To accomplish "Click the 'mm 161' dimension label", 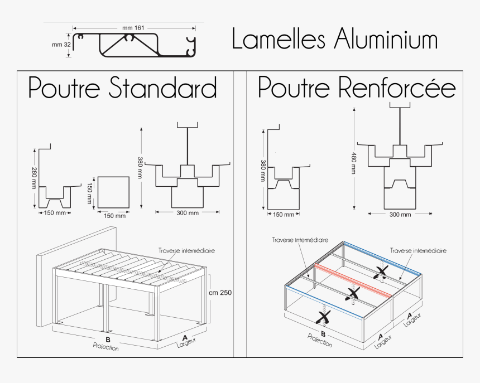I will pos(133,27).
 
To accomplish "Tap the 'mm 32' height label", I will pos(61,45).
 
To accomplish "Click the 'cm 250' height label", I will pos(220,292).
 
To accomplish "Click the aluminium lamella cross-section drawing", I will pos(134,45).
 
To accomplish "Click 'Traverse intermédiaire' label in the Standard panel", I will pos(186,251).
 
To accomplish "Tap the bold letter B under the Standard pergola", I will pos(107,340).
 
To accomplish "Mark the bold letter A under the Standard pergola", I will pos(184,337).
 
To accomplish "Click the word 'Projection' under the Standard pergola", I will pos(106,347).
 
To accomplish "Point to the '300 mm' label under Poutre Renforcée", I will pos(400,215).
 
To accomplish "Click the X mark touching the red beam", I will pos(353,294).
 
